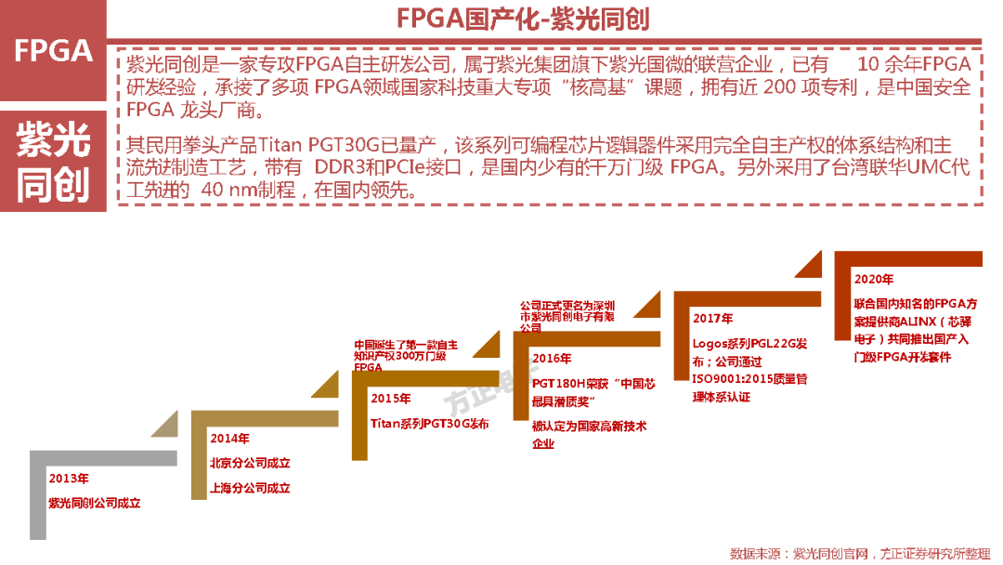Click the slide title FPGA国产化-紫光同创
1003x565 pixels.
(523, 20)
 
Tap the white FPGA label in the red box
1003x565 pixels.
(54, 50)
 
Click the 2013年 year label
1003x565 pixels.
(69, 479)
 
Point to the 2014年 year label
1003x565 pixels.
(229, 438)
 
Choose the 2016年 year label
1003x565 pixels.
(552, 359)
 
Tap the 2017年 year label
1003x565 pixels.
(712, 319)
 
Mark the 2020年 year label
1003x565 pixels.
(874, 279)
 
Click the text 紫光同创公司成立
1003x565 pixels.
(95, 503)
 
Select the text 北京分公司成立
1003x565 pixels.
(251, 463)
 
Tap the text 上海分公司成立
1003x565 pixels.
(251, 487)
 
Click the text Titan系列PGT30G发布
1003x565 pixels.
(429, 423)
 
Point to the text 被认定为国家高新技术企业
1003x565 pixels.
(589, 435)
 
